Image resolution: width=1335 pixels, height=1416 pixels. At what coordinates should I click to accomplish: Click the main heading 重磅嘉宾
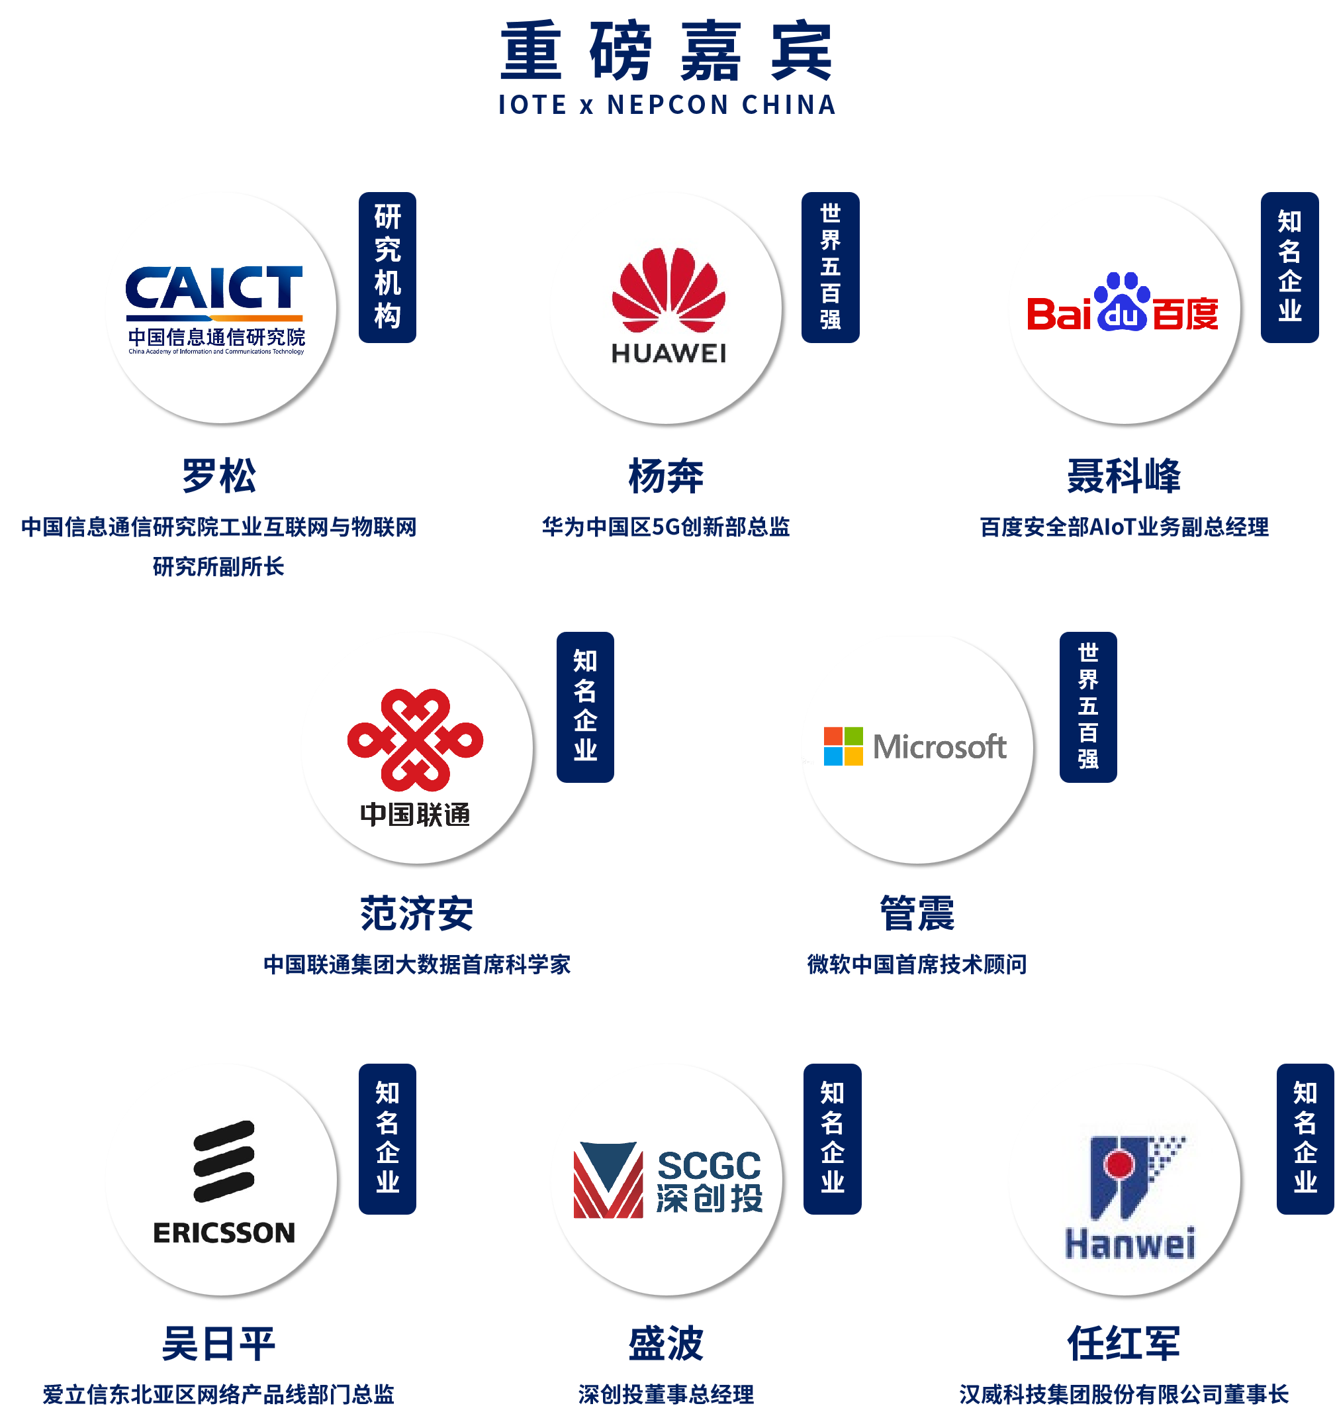pos(667,51)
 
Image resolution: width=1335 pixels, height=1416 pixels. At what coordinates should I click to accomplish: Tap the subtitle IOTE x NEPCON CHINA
pos(667,105)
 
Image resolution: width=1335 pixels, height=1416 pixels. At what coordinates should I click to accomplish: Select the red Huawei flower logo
pos(668,290)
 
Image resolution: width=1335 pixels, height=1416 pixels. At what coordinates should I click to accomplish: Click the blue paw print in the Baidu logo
pos(1122,302)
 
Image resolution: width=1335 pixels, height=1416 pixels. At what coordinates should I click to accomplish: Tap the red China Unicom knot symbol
pos(415,740)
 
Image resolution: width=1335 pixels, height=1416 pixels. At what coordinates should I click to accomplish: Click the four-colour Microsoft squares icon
pos(843,746)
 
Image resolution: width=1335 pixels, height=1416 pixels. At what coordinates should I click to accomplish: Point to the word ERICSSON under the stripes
pos(224,1233)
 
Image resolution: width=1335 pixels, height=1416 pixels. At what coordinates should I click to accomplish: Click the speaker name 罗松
pos(218,476)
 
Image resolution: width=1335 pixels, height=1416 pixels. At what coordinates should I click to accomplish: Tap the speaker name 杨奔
pos(666,476)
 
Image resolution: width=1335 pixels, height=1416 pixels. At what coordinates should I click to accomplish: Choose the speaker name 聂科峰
pos(1124,476)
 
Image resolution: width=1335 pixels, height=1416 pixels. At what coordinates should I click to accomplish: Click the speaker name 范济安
pos(416,914)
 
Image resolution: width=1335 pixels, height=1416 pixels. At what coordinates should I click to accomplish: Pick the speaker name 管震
pos(917,914)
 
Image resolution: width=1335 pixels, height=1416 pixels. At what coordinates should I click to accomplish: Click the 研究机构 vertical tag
pos(387,267)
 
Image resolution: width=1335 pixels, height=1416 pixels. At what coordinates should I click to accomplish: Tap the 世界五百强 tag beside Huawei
pos(830,267)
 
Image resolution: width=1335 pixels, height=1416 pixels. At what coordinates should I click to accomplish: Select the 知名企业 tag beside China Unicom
pos(585,707)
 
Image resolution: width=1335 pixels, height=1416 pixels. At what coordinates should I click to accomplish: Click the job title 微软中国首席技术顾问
pos(917,964)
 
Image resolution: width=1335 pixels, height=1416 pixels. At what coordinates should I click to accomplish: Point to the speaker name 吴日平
pos(218,1344)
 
